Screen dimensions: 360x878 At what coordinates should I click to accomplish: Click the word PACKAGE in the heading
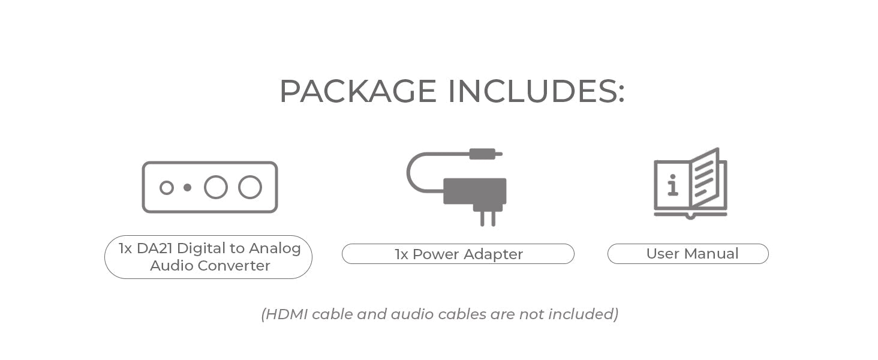tap(357, 91)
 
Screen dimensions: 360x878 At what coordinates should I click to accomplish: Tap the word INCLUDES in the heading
tap(536, 91)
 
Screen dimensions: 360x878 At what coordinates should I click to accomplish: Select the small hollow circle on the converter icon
tap(167, 188)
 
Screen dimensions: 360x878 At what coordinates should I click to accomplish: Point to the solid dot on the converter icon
tap(187, 188)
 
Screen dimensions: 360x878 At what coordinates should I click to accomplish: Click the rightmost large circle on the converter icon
tap(250, 187)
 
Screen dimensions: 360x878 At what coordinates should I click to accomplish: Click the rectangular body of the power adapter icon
tap(474, 191)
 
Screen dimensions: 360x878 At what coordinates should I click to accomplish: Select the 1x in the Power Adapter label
tap(401, 254)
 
